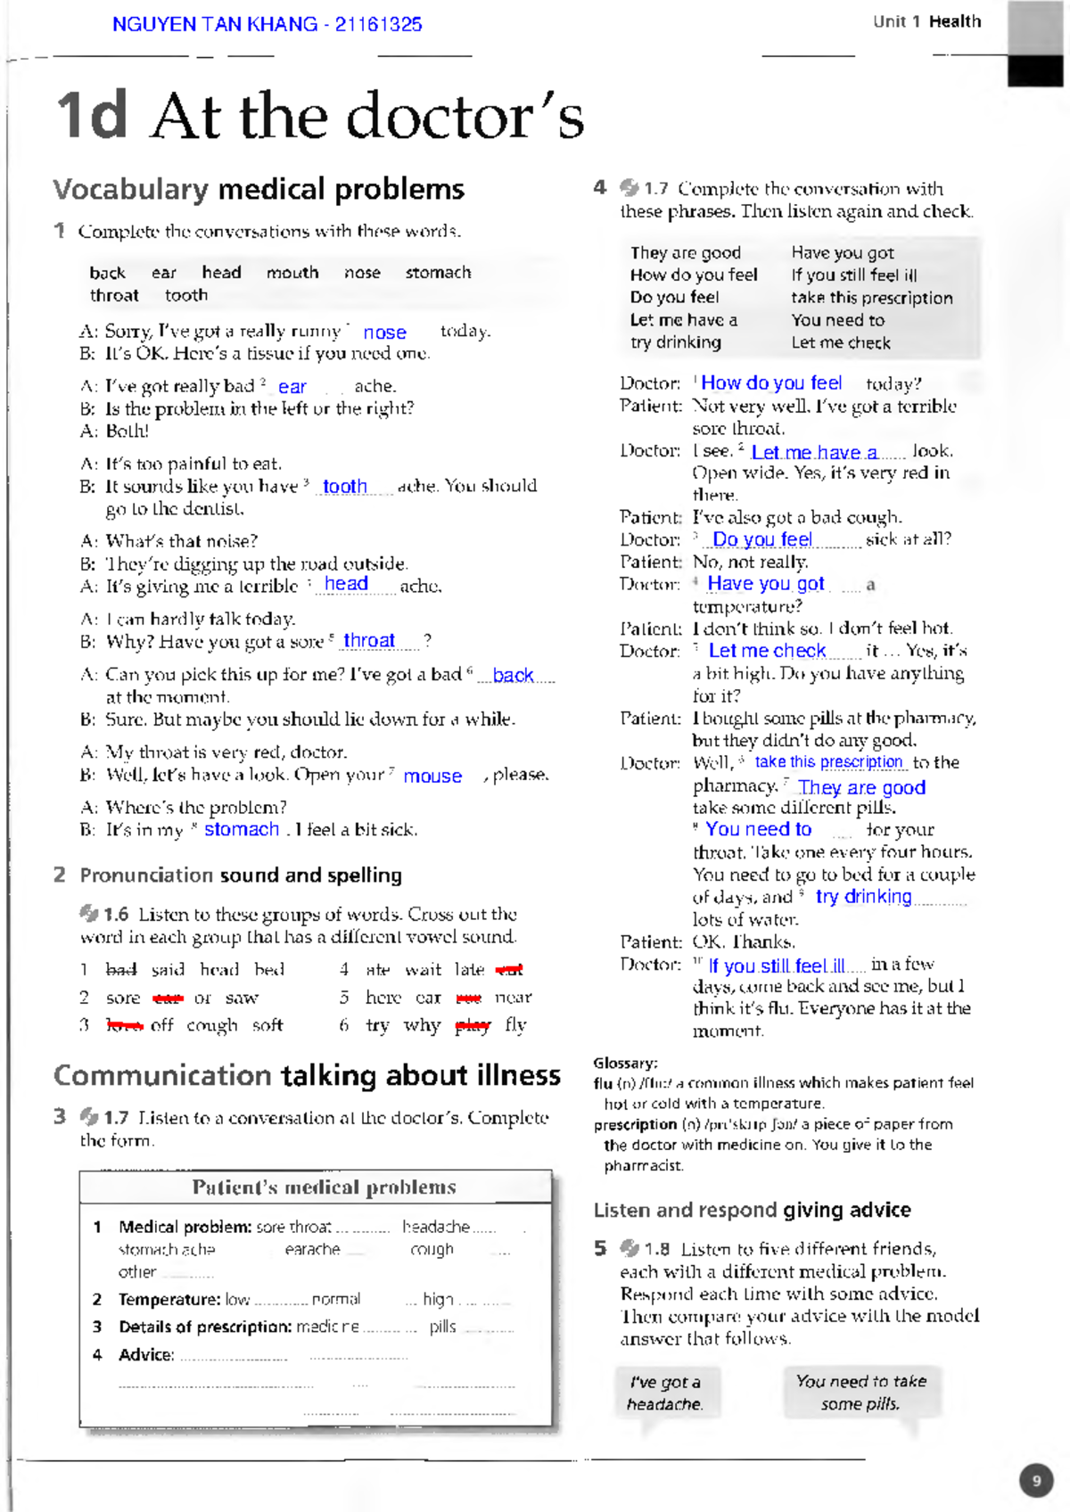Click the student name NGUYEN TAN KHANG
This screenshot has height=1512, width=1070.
tap(214, 24)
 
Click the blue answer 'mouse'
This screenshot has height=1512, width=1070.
tap(432, 777)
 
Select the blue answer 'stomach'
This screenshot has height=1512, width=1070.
tap(242, 829)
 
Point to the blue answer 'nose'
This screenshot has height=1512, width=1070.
tap(384, 333)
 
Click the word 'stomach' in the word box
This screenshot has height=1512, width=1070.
tap(438, 273)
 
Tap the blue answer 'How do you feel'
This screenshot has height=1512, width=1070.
tap(771, 383)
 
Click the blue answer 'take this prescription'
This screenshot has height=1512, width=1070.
tap(828, 762)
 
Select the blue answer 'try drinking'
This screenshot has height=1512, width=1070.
tap(863, 897)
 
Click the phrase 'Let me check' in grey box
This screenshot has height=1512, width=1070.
tap(840, 343)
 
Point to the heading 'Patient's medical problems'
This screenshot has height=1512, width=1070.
tap(324, 1187)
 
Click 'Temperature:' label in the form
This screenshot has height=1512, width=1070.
tap(169, 1300)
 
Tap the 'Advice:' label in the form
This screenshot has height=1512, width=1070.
tap(146, 1355)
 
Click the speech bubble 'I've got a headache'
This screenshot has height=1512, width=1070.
tap(664, 1393)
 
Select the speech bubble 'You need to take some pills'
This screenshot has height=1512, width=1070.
tap(860, 1392)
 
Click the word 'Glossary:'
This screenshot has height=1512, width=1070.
tap(625, 1063)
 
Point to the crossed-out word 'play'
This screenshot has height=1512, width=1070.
tap(473, 1026)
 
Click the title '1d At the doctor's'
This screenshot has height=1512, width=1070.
tap(319, 116)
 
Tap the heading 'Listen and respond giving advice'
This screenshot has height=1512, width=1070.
tap(752, 1211)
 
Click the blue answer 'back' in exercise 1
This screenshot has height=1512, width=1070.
tap(513, 676)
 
